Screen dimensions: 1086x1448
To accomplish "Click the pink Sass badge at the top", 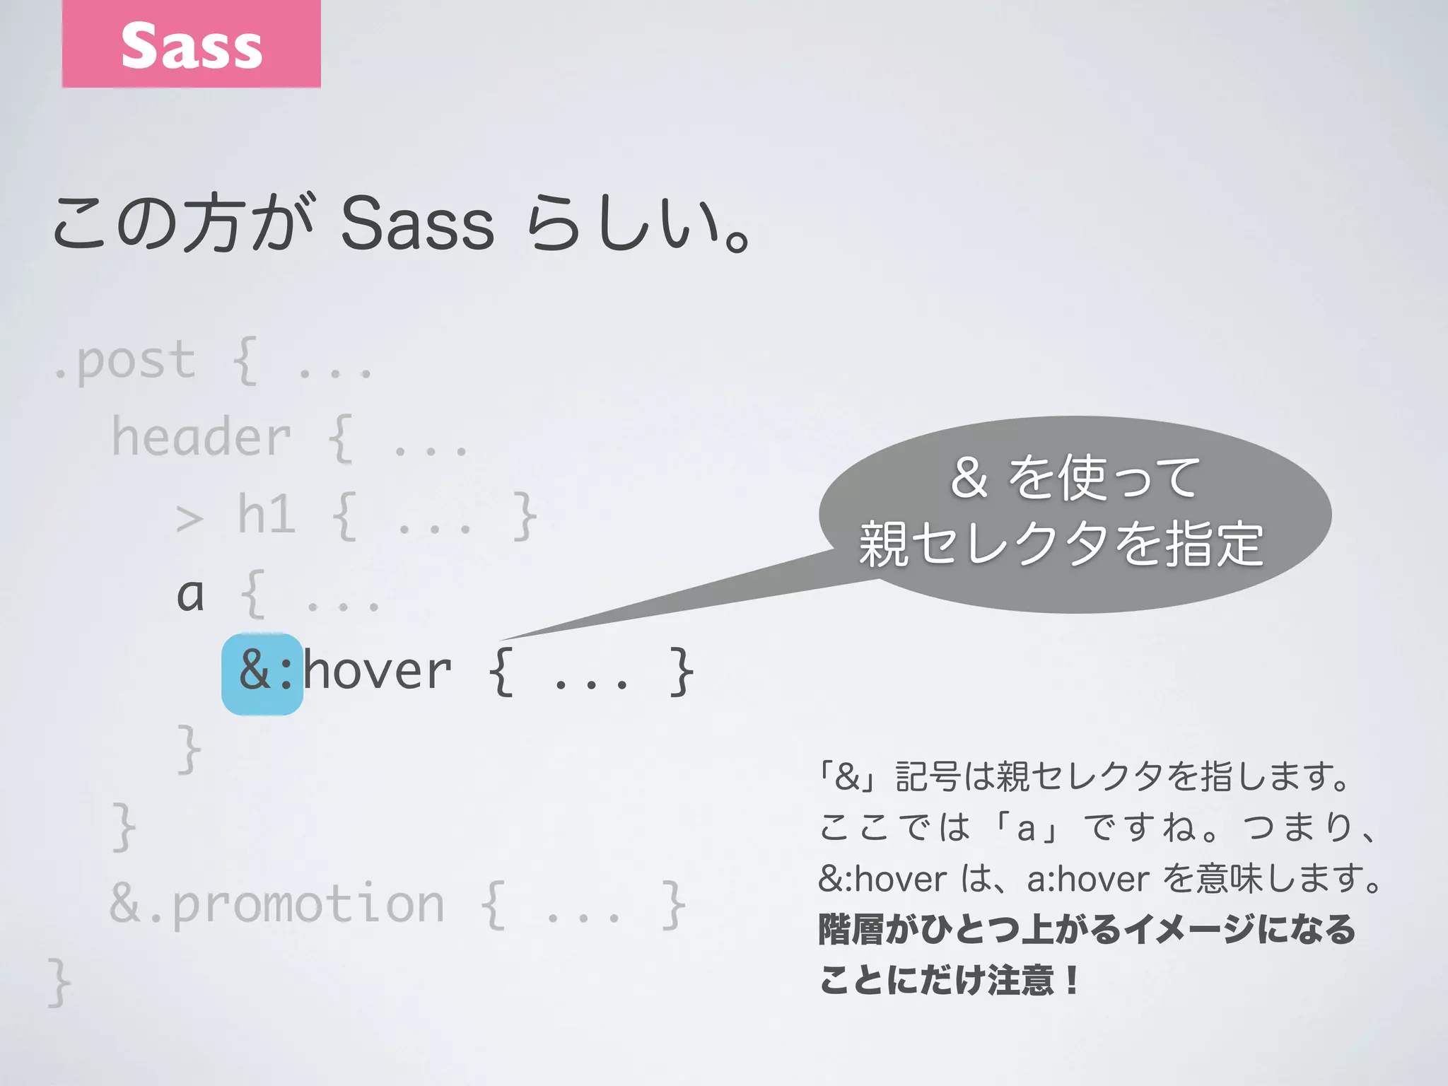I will click(x=191, y=44).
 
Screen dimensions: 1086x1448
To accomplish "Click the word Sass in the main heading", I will click(x=417, y=225).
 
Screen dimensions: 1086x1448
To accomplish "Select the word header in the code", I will click(x=202, y=438).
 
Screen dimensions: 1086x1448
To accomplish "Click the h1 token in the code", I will click(x=266, y=515).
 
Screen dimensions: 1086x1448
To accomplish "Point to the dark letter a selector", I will click(x=190, y=595).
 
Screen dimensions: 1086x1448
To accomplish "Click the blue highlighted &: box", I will click(x=262, y=674).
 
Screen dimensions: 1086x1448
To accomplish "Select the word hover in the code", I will click(x=378, y=671).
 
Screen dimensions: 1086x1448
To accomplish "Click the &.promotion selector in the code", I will click(x=277, y=904).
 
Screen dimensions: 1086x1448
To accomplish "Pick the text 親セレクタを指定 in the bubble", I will click(x=1061, y=544).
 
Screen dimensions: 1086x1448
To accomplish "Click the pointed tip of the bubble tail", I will click(x=503, y=639).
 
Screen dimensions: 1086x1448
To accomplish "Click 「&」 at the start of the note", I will click(x=847, y=777).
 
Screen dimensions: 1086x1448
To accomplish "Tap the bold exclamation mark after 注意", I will click(x=1073, y=981).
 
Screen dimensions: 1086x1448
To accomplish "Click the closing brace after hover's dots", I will click(x=682, y=672).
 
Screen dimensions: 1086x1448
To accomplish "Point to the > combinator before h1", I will click(x=189, y=518).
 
